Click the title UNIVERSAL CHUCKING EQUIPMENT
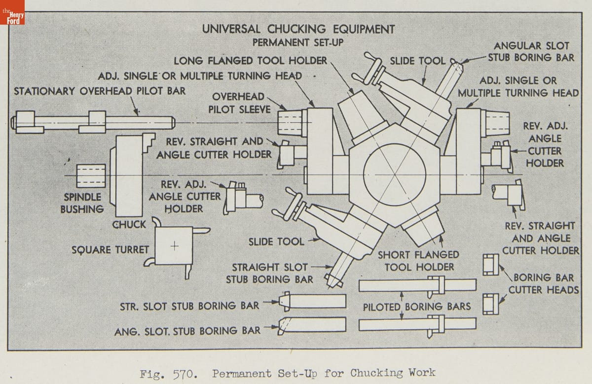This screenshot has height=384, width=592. [298, 29]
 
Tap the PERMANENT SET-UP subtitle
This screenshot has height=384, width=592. [298, 43]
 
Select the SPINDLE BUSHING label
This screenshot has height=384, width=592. [82, 203]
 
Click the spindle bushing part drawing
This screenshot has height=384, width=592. [92, 175]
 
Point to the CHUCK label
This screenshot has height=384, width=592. [129, 224]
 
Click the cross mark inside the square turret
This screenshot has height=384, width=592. [174, 246]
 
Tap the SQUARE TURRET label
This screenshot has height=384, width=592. [110, 250]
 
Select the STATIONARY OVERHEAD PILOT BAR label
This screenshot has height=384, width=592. [100, 91]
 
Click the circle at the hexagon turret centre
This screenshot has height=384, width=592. [394, 175]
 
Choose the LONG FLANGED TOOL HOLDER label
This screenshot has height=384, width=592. [251, 61]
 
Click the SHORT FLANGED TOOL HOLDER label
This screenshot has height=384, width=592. [418, 261]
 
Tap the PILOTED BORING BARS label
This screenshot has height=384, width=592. [417, 307]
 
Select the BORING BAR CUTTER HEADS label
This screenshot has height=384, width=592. [544, 283]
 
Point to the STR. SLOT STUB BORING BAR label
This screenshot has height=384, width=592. [189, 306]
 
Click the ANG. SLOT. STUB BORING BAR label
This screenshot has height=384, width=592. [187, 331]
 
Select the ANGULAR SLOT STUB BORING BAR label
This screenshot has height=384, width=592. [531, 51]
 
